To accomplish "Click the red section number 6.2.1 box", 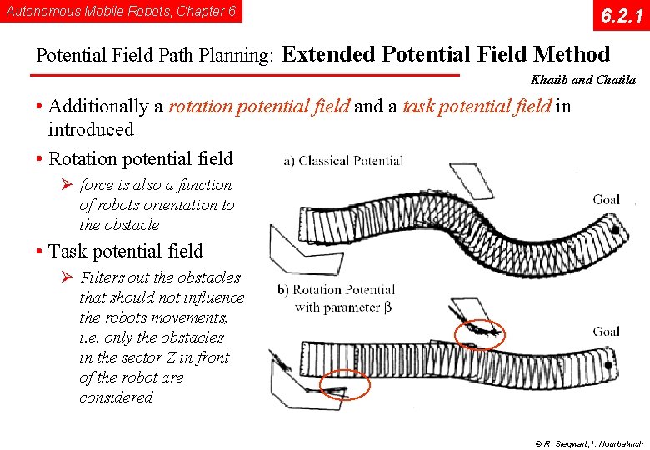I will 616,16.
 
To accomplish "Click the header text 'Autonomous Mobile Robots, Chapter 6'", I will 121,12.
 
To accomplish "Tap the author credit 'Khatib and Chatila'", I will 582,81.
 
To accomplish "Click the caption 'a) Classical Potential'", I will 343,160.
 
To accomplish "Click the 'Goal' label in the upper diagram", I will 606,199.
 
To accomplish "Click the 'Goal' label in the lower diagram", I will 606,332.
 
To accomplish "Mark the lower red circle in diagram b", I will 344,384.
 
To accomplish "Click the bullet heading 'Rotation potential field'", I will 141,158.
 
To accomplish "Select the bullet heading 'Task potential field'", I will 126,251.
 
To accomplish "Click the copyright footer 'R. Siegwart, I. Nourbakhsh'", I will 588,442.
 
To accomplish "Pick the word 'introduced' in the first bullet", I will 91,130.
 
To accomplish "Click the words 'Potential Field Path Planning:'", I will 155,56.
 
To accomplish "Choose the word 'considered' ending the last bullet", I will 116,397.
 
